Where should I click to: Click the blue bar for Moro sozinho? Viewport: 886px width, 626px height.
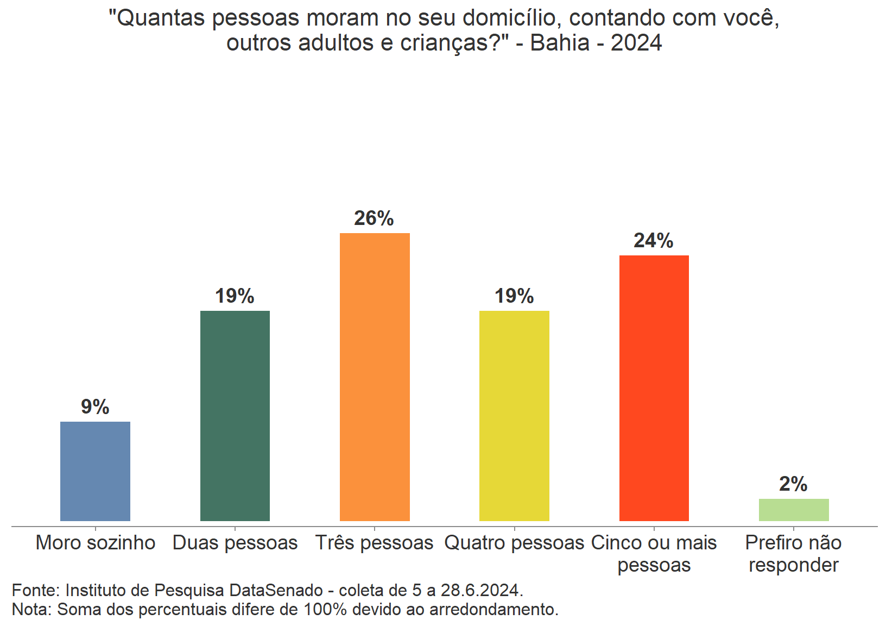95,471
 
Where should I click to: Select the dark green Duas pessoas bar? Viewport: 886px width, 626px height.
235,416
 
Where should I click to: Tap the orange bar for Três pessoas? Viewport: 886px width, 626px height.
375,377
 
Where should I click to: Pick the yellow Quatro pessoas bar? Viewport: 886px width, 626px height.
514,416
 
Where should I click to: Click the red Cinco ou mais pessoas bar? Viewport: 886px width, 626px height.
654,388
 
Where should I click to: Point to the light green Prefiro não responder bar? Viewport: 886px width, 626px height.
793,510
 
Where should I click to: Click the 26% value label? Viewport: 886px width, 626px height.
374,218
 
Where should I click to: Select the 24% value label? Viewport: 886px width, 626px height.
654,241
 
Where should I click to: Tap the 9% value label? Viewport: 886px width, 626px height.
95,407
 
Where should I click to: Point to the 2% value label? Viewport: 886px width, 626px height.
793,484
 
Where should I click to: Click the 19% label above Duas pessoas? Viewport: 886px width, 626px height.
235,296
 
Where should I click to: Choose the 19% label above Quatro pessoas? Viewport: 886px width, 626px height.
514,296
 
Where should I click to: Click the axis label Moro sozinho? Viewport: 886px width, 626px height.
96,543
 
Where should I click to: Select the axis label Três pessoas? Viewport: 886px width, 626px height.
375,543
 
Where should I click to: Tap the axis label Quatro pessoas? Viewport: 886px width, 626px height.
514,543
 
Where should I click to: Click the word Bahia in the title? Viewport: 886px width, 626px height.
560,43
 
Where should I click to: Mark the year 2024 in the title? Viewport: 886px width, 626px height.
636,43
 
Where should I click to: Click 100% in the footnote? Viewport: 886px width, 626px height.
325,610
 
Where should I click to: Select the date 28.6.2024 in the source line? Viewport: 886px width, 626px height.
481,590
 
